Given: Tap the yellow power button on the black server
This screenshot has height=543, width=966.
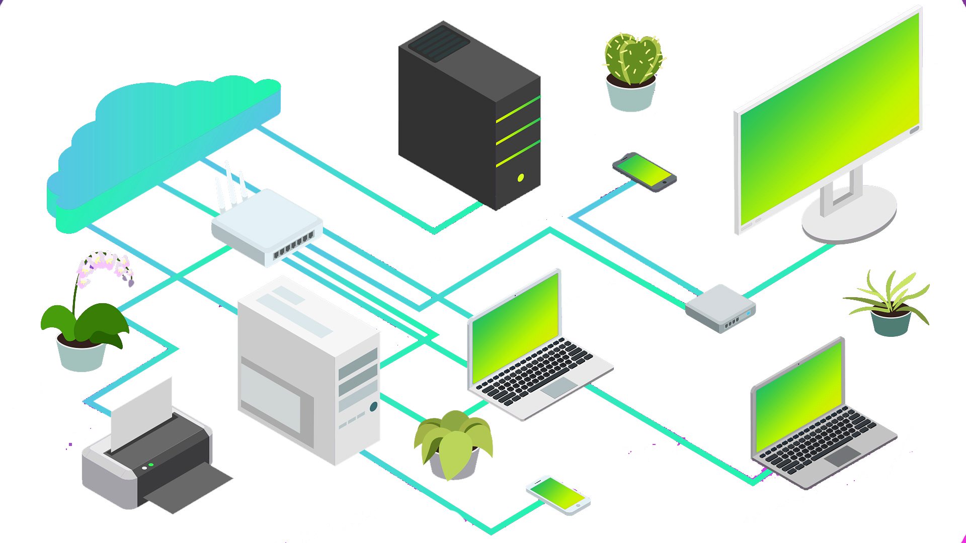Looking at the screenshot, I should (x=521, y=177).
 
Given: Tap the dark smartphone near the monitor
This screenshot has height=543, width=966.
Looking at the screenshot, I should (x=645, y=172).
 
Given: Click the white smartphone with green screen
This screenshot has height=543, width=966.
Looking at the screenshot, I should (x=558, y=495).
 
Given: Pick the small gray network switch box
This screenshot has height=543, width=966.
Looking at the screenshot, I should (x=720, y=308).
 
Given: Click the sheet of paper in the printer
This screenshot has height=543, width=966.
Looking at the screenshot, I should (x=141, y=412).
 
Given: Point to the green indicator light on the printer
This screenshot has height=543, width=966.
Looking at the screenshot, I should (x=151, y=465).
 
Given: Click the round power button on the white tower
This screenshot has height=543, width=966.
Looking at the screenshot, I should (x=373, y=407).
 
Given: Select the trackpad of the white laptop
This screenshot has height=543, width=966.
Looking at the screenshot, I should (x=559, y=387).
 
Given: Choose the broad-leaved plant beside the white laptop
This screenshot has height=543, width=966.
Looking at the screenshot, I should (x=453, y=437).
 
